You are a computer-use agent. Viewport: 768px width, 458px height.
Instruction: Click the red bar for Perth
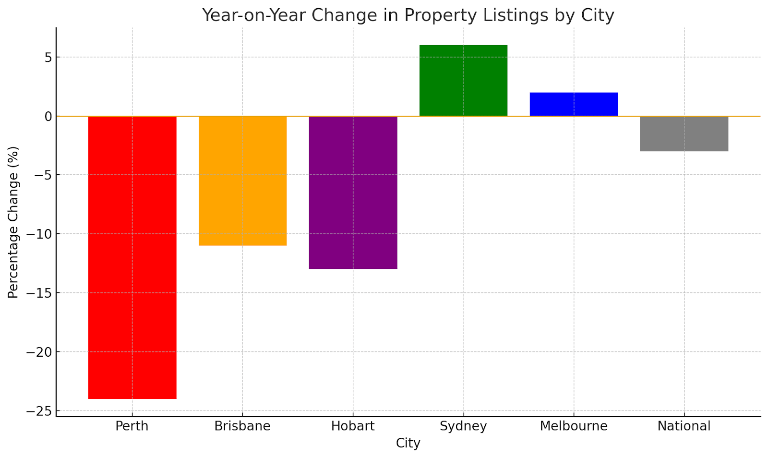point(132,257)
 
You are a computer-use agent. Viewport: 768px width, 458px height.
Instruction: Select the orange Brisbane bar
point(242,181)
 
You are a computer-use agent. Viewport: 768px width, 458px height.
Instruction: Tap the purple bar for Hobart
point(353,193)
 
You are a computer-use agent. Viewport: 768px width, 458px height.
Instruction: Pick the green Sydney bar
point(463,81)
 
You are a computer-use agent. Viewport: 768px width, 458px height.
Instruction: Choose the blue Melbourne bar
point(574,104)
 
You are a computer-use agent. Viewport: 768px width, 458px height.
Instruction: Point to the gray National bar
point(684,134)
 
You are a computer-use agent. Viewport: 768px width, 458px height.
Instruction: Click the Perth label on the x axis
point(132,426)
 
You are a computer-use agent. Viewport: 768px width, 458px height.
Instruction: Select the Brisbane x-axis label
point(242,426)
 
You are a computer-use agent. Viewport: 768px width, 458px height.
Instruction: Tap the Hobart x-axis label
point(353,426)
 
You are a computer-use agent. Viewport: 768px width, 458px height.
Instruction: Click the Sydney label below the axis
point(463,426)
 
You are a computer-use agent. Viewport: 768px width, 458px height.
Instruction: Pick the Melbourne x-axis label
point(574,426)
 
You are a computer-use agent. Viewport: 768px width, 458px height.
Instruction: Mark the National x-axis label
point(684,426)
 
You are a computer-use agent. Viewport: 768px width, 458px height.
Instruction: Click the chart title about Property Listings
point(408,15)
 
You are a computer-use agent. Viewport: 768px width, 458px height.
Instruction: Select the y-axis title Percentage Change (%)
point(13,222)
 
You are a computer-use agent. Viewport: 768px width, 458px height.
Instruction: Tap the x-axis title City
point(408,444)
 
